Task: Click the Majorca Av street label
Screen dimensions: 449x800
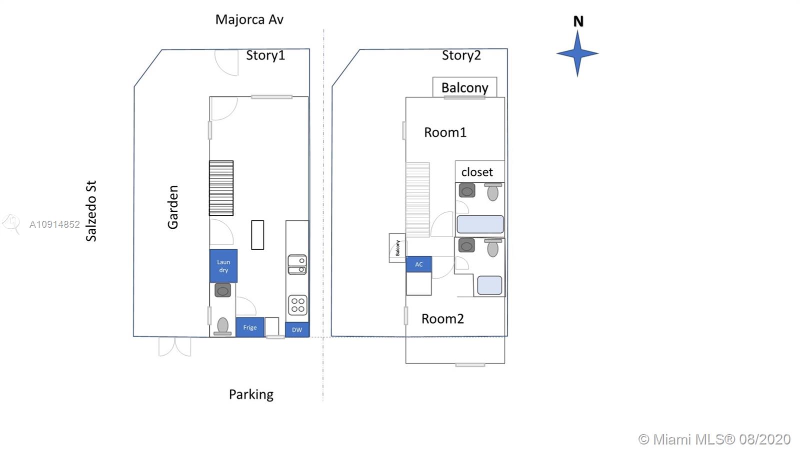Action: (249, 19)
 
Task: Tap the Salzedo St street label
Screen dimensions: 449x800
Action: (91, 211)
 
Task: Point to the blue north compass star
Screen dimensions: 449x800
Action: (577, 53)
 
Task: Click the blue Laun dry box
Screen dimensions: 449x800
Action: (223, 266)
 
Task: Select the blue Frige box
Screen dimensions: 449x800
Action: (249, 328)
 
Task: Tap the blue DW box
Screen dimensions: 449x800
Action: (297, 330)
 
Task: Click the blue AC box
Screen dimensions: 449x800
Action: (418, 264)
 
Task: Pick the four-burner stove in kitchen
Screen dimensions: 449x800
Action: (298, 305)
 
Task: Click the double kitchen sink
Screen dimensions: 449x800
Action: (297, 265)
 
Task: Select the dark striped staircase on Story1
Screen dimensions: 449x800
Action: (221, 188)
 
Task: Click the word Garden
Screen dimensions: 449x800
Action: (173, 207)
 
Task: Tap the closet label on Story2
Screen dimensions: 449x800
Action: (477, 172)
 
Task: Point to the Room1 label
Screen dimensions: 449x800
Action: (445, 132)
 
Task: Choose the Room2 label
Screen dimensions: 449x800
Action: (442, 319)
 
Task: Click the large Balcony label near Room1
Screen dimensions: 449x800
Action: (464, 87)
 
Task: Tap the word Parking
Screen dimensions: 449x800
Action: (251, 395)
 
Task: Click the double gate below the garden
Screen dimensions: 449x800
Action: (174, 347)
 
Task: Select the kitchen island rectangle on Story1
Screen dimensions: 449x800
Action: (257, 235)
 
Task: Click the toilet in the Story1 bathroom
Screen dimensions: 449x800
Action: (223, 326)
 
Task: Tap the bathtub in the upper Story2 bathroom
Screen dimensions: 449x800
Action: (480, 224)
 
